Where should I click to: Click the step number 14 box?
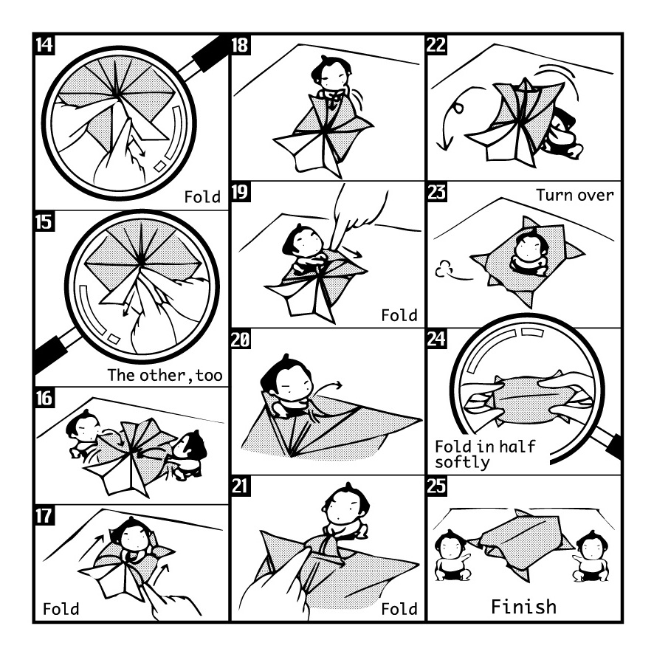44,44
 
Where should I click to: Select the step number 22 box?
436,44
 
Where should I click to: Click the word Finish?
523,607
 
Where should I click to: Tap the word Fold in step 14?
202,197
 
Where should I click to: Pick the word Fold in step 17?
61,610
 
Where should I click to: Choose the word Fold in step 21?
399,610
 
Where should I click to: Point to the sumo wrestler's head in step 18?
326,72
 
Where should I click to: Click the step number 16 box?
44,398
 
